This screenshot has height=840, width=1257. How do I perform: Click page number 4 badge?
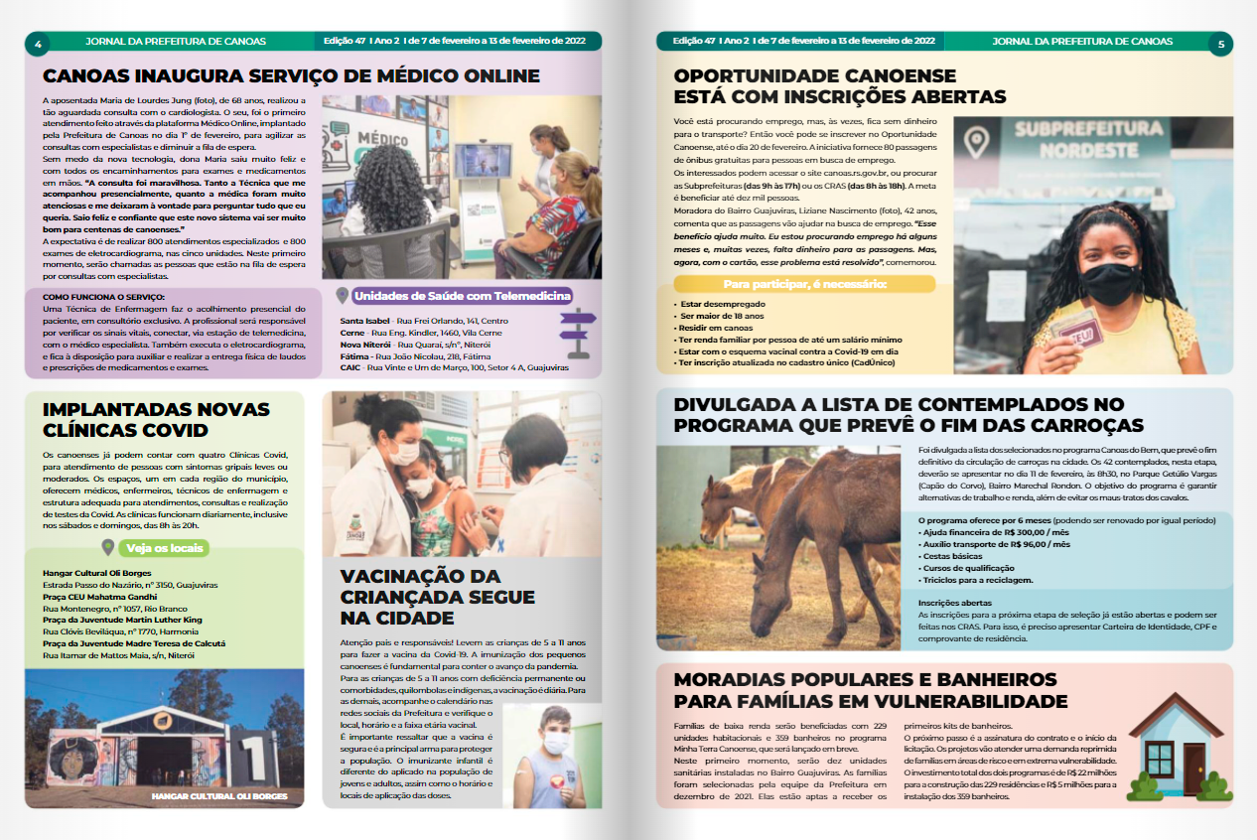[38, 43]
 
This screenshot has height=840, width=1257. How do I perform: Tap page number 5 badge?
[1220, 43]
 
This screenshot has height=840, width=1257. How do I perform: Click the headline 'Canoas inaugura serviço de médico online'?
[291, 76]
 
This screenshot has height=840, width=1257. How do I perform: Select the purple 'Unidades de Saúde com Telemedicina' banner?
[463, 295]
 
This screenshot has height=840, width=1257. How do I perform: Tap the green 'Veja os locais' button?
[162, 547]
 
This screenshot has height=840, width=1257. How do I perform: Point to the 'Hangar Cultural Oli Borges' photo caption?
[219, 796]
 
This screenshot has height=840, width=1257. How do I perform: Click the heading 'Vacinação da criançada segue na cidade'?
[437, 597]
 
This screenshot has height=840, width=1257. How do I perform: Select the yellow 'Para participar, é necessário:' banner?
[803, 284]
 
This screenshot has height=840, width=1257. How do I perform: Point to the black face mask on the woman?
[1108, 283]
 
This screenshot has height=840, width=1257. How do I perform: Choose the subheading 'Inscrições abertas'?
[954, 603]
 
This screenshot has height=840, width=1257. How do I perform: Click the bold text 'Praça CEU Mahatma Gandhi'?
[100, 597]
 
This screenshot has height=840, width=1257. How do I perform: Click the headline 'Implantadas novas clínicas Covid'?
[156, 419]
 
